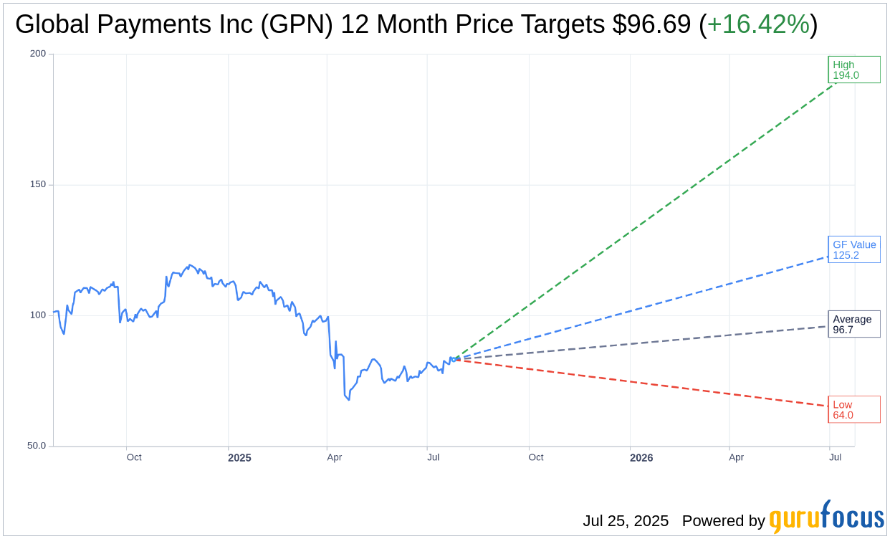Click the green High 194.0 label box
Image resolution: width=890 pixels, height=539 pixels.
click(x=853, y=70)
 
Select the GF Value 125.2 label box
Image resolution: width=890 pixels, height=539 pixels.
click(x=853, y=249)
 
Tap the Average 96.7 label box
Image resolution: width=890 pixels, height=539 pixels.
click(x=853, y=324)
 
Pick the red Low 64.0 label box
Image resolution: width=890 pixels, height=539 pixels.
click(x=853, y=409)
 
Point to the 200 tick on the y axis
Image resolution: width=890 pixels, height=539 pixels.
click(x=38, y=54)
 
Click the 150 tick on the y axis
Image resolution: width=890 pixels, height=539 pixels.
click(x=38, y=184)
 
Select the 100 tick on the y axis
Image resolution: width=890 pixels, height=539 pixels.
click(x=38, y=315)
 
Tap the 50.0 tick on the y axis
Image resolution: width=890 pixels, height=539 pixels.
click(x=36, y=445)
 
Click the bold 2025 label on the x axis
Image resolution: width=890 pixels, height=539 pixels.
click(x=239, y=457)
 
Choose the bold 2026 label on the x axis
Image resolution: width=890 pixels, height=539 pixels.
click(x=641, y=457)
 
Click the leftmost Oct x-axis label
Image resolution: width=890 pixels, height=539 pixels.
click(x=134, y=457)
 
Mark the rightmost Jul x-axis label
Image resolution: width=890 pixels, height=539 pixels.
click(x=834, y=457)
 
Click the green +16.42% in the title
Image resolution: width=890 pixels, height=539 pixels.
click(x=758, y=24)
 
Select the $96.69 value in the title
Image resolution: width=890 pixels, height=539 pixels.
click(x=651, y=24)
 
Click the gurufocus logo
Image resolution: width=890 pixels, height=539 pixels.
click(x=826, y=517)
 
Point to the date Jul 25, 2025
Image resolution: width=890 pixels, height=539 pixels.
click(x=625, y=521)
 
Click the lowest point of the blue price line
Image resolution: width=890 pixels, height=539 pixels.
click(x=349, y=399)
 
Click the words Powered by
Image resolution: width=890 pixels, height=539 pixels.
click(x=723, y=521)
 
